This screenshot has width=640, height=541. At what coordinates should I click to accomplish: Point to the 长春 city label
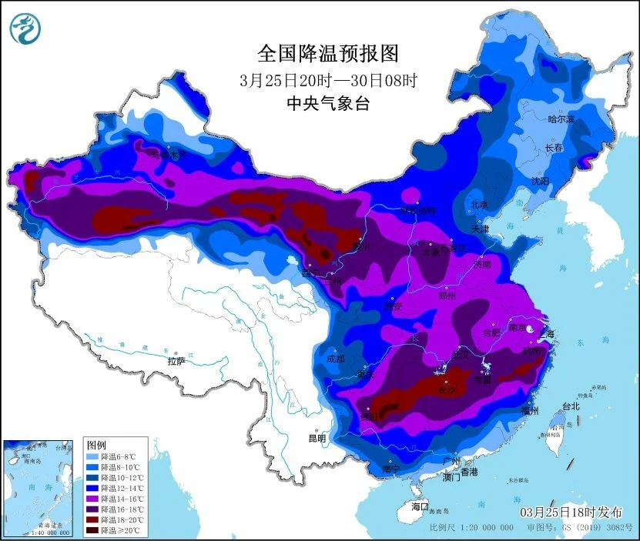555,148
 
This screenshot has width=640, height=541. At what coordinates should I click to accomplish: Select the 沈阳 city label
540,181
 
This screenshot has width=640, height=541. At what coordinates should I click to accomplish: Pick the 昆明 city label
317,439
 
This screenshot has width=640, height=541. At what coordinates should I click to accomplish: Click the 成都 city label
336,358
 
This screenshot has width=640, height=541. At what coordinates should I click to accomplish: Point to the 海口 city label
419,506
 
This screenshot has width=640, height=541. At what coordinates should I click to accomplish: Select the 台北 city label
571,406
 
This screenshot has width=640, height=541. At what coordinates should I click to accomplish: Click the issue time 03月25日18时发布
571,512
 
